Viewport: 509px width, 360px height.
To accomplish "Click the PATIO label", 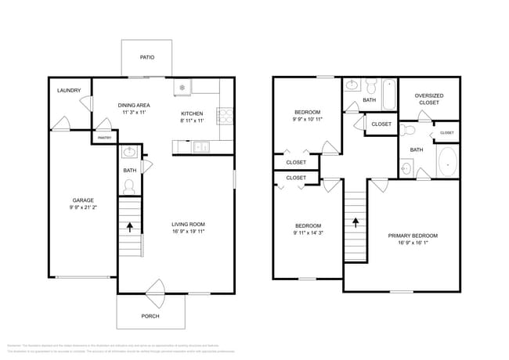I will (x=146, y=57).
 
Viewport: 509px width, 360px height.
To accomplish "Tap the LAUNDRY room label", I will (x=69, y=91).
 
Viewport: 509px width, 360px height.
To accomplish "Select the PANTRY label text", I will (x=104, y=138).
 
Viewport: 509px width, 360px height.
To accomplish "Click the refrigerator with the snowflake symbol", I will (x=182, y=88).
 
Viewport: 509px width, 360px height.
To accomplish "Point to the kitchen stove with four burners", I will (x=225, y=117).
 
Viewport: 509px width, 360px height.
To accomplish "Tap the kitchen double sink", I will (x=201, y=146).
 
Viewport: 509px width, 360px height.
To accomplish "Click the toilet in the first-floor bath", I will (x=130, y=185).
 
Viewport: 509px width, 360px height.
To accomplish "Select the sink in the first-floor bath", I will (x=130, y=152).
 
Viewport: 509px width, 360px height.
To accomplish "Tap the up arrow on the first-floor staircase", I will (x=130, y=227).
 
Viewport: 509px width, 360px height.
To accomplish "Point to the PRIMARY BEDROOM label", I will (x=413, y=236).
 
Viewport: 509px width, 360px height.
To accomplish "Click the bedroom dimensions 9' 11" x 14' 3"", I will (x=296, y=232).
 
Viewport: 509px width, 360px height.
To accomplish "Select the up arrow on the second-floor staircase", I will (x=356, y=221).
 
